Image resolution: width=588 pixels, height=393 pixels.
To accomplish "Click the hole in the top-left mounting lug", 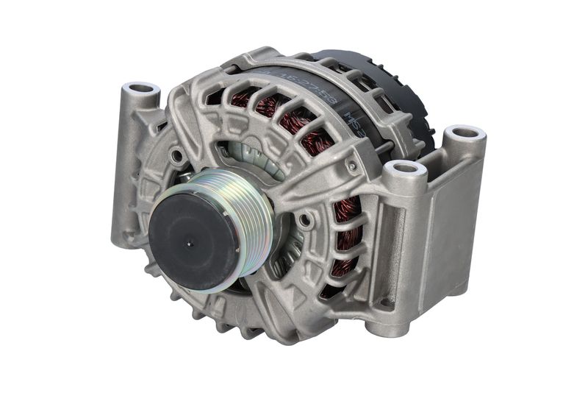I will [141, 89].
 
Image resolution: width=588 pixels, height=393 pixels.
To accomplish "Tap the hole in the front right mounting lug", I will [406, 169].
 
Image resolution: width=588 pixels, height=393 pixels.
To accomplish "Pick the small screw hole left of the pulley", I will [176, 156].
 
